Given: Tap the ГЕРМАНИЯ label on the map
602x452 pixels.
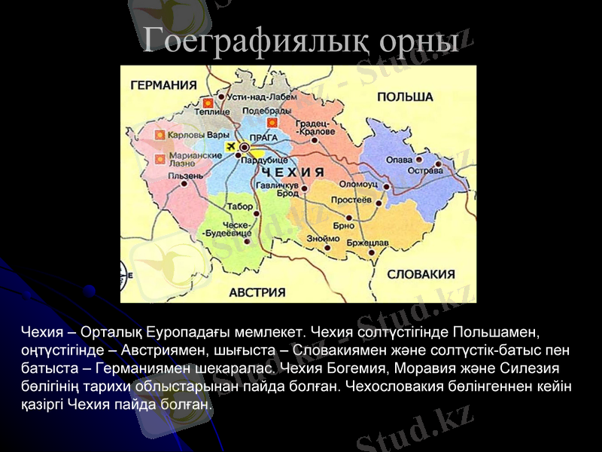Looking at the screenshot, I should click(x=163, y=85).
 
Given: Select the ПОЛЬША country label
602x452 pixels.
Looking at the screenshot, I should click(x=405, y=97).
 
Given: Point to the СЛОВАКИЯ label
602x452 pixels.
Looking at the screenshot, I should click(x=421, y=274).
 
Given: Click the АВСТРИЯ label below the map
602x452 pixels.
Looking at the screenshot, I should click(x=257, y=292).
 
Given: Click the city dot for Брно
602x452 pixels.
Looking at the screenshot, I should click(x=348, y=218).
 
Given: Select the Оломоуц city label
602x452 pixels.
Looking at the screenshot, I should click(x=357, y=184).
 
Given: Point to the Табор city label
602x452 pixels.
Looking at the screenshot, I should click(x=239, y=206).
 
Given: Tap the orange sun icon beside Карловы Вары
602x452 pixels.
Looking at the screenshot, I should click(x=160, y=135).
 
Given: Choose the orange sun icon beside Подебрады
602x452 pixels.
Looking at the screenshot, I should click(x=272, y=122).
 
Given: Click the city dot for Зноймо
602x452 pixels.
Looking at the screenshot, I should click(x=327, y=247).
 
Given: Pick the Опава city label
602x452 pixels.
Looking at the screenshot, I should click(x=399, y=160).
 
